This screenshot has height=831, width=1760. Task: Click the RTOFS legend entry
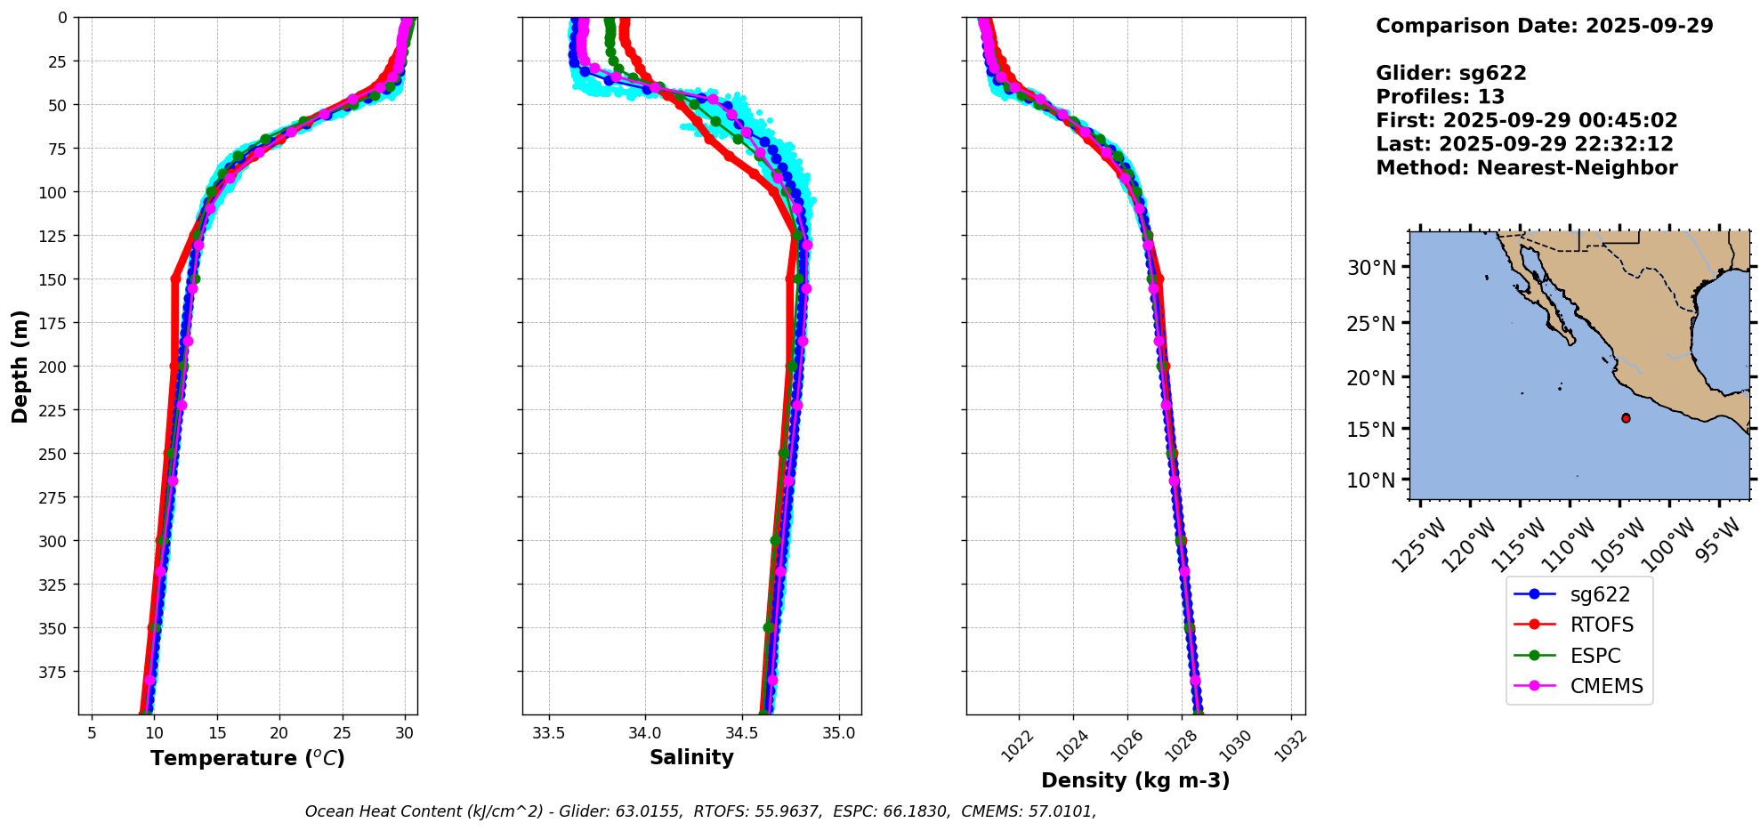pyautogui.click(x=1601, y=625)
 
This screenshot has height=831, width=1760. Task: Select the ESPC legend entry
pyautogui.click(x=1594, y=656)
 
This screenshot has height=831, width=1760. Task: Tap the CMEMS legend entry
pyautogui.click(x=1606, y=687)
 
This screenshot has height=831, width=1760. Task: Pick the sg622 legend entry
pyautogui.click(x=1600, y=594)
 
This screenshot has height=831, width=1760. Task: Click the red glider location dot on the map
pyautogui.click(x=1626, y=418)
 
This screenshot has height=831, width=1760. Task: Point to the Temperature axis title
pyautogui.click(x=247, y=758)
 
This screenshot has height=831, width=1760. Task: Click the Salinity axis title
pyautogui.click(x=691, y=758)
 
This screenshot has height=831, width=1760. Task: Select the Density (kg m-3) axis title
pyautogui.click(x=1135, y=780)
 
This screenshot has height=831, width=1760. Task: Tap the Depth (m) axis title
pyautogui.click(x=20, y=367)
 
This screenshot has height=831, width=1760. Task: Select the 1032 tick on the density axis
pyautogui.click(x=1291, y=746)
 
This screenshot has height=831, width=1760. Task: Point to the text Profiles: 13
pyautogui.click(x=1440, y=97)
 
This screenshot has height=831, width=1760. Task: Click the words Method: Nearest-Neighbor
pyautogui.click(x=1526, y=168)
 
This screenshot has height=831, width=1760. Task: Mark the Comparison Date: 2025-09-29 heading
pyautogui.click(x=1544, y=26)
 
